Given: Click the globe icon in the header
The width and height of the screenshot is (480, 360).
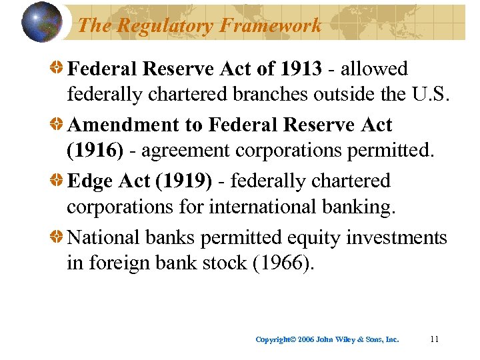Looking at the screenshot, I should pos(41,21).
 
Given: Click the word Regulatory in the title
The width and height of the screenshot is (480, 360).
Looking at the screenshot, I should pos(159,26).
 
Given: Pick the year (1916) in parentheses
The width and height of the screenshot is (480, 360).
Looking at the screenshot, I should pos(95,151).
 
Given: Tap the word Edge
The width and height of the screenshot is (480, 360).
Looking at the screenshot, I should pos(89,181).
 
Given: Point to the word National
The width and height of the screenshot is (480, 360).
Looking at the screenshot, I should pos(105,237).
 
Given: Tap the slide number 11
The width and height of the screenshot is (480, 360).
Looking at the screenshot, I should pos(434,339).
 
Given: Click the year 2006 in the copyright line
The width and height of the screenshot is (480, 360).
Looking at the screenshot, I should pos(306,340).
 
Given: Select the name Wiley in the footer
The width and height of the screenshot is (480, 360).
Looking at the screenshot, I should pos(346,340).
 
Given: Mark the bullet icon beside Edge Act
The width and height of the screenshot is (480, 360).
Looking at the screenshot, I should pos(58,181).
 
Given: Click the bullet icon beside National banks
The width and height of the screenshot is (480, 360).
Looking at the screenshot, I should pos(58,237).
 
